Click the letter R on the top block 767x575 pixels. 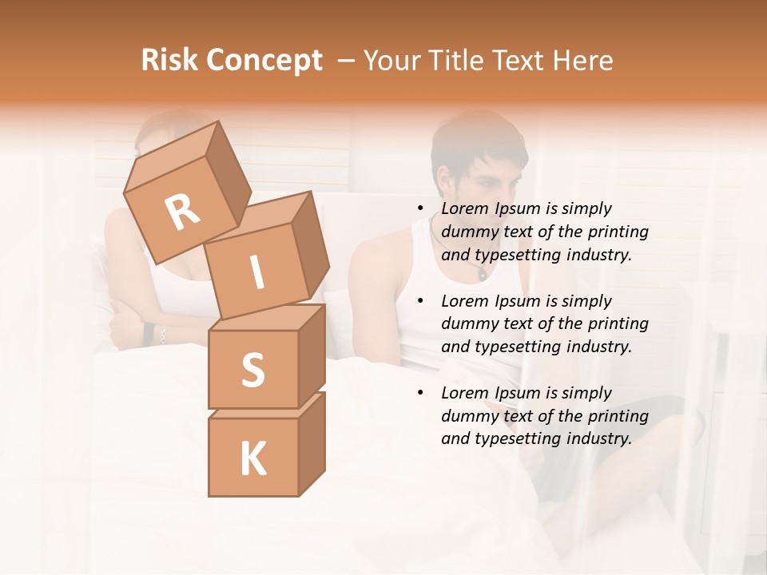(x=183, y=212)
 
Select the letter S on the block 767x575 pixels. (x=252, y=370)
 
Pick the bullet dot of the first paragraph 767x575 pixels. (x=421, y=209)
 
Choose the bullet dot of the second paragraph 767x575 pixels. (x=421, y=302)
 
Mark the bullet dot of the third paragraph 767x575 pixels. (x=421, y=394)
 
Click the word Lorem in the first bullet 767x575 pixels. (x=463, y=208)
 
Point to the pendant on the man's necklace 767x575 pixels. (x=482, y=275)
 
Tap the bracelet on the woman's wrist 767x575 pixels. (x=162, y=335)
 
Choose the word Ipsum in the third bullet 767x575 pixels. (x=517, y=393)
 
